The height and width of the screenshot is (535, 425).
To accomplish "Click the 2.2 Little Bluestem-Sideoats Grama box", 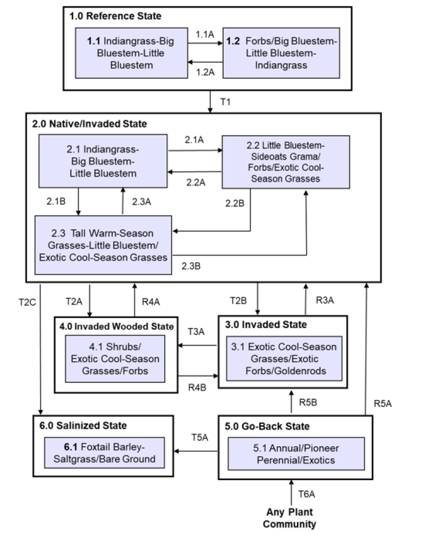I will [285, 162].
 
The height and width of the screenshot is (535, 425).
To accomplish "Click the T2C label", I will [26, 301].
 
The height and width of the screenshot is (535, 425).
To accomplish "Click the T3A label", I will [197, 331].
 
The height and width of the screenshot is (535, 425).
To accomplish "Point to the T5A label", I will [200, 438].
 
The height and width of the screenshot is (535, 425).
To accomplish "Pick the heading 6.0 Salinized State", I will [83, 425].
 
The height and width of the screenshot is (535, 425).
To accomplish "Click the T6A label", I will [308, 494].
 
